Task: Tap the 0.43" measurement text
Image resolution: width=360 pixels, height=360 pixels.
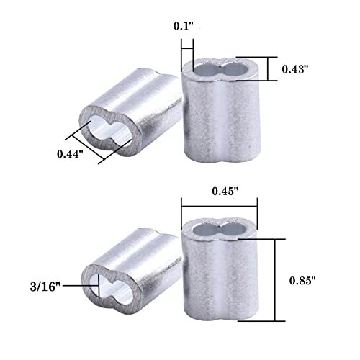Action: [295, 69]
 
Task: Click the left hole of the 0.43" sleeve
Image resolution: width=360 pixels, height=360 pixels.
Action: [204, 70]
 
